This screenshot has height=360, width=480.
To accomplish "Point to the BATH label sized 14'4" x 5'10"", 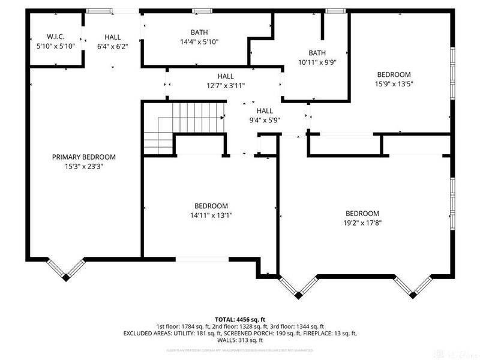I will pos(200,32).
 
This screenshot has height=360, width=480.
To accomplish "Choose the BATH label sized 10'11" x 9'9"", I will pos(317,53).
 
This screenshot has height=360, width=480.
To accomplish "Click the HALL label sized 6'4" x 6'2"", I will pos(112,37).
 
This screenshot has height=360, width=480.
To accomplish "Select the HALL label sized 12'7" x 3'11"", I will pos(226,76).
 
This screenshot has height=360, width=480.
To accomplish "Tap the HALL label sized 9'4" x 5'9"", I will pos(265,110).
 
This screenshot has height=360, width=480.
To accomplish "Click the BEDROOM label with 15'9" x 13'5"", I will pos(394,74).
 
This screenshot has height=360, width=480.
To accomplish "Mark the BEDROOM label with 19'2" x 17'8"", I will pos(362,213).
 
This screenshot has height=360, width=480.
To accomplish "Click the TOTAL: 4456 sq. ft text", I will pos(240,319).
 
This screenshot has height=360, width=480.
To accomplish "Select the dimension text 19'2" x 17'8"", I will pos(362,223).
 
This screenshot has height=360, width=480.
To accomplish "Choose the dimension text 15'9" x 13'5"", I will pos(394,84).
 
